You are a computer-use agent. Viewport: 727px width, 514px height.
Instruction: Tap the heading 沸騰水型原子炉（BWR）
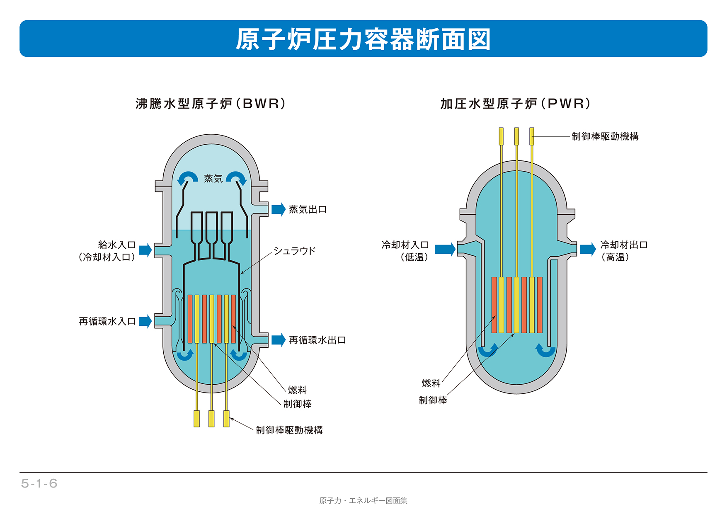(x=211, y=104)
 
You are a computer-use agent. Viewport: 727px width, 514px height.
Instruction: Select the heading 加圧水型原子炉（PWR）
(x=515, y=104)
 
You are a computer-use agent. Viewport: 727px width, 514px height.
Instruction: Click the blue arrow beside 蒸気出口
(x=279, y=209)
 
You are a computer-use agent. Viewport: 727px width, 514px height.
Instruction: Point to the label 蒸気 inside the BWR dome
(x=213, y=179)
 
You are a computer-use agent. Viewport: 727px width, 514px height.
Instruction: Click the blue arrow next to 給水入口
(x=145, y=250)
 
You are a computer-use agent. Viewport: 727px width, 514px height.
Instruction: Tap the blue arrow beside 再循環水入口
(x=145, y=321)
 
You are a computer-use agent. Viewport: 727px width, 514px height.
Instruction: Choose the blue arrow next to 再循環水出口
(x=279, y=340)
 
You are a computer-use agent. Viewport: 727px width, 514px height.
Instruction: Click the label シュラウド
(x=294, y=251)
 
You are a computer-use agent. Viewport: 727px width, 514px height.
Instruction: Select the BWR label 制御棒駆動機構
(x=289, y=430)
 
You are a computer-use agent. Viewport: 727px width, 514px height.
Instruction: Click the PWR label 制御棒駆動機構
(x=605, y=136)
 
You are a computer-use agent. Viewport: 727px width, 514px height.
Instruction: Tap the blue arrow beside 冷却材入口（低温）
(x=445, y=249)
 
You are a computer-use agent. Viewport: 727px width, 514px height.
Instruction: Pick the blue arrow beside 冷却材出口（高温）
(x=588, y=249)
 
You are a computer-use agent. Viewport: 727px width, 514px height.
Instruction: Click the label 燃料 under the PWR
(x=431, y=383)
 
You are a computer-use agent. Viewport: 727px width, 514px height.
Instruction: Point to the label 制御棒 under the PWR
(x=433, y=400)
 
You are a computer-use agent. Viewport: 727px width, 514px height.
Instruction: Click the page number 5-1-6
(x=39, y=483)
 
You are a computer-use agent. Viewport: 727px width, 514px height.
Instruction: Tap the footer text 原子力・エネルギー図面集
(x=363, y=501)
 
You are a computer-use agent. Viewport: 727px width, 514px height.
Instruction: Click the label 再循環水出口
(x=317, y=340)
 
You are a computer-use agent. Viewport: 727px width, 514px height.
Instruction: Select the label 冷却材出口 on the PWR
(x=624, y=245)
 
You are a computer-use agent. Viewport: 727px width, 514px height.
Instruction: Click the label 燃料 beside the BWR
(x=297, y=390)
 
